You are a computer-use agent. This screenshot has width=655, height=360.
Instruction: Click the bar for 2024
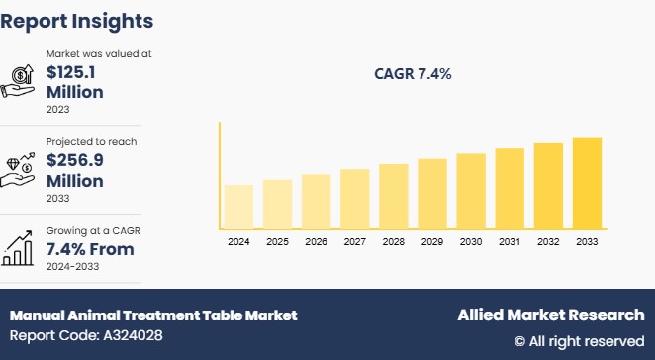coord(238,207)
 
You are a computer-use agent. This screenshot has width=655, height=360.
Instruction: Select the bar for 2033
coord(587,183)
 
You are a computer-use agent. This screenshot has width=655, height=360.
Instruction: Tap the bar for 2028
coord(394,196)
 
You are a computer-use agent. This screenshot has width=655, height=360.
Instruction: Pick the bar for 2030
coord(471,191)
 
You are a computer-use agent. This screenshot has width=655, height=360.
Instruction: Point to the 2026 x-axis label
coord(316,241)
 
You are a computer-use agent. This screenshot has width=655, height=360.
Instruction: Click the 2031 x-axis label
coord(510,241)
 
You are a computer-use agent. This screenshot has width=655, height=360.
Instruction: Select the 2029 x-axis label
coord(432,241)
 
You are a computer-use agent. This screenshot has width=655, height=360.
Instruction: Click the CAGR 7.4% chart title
coord(413,74)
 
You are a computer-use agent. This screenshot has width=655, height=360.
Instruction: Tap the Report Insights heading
coord(77,20)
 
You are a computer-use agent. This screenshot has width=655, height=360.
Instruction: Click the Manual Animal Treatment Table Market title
coord(153,315)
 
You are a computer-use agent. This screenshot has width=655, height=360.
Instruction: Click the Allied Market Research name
coord(550,315)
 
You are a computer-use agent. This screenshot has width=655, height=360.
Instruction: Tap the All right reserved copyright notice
coord(579,341)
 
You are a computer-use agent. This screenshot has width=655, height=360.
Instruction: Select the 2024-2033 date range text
coord(73,267)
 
